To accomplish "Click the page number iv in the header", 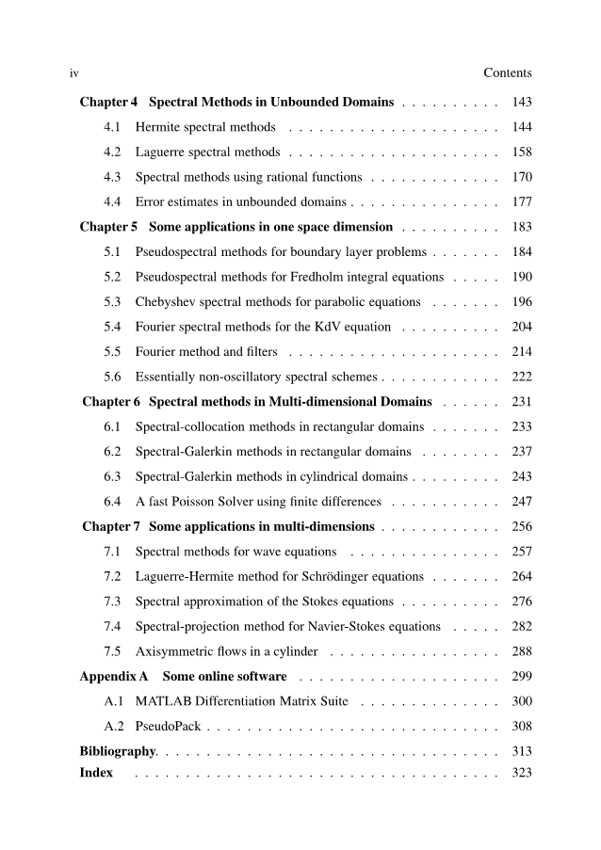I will coord(73,72).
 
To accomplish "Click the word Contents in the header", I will coord(507,72).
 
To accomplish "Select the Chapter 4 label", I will coord(108,102).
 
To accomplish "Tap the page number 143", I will coord(521,102).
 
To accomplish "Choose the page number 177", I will coord(521,201).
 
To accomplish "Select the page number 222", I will coord(521,377).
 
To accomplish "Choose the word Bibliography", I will coord(117,751).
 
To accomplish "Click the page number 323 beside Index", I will coord(521,773).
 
